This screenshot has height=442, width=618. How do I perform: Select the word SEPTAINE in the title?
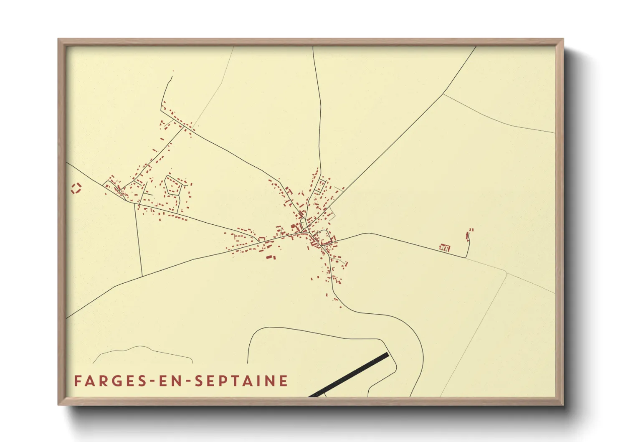(241, 381)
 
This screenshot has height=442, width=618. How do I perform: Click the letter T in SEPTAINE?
(234, 381)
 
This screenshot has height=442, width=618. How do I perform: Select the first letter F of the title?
(77, 381)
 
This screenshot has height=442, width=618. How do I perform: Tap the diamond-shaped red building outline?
(76, 188)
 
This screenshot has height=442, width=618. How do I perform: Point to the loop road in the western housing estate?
(172, 186)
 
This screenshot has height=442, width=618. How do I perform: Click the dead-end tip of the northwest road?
(172, 71)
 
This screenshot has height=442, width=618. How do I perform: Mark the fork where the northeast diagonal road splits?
(443, 93)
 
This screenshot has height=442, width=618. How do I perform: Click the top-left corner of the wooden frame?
(59, 39)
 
